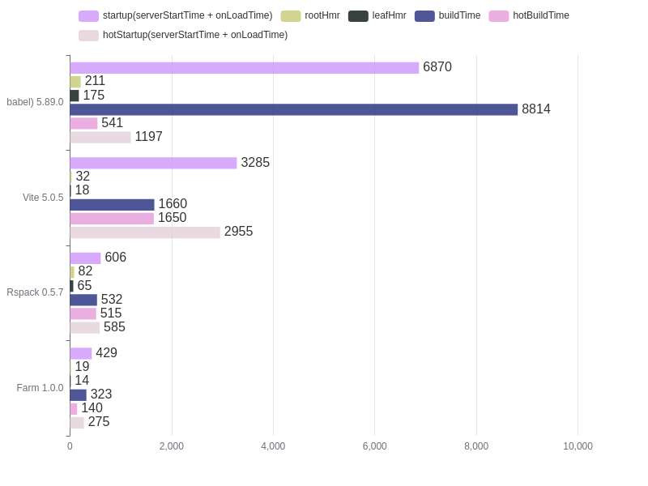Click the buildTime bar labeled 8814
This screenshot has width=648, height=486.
(293, 109)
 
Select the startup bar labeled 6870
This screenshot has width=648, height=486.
(244, 68)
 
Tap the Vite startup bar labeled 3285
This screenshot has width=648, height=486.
(153, 163)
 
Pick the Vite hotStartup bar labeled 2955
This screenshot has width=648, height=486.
(145, 232)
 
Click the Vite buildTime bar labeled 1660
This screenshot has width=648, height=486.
(112, 205)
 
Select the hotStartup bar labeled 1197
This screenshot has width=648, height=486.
(100, 138)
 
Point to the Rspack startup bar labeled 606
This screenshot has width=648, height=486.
(85, 258)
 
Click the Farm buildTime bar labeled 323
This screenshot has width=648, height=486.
(78, 395)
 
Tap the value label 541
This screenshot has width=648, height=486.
(112, 123)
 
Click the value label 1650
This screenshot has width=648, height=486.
(172, 218)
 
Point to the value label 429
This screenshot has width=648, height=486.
(106, 353)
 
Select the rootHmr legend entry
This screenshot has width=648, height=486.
(310, 15)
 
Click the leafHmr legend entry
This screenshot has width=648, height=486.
(377, 15)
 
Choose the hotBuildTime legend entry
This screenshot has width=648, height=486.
(529, 15)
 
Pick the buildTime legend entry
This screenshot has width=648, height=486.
(447, 15)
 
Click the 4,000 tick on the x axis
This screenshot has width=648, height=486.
(273, 446)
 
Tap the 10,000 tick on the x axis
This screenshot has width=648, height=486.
(578, 446)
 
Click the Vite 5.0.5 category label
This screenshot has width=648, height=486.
(43, 198)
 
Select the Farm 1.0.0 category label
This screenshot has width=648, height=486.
(40, 388)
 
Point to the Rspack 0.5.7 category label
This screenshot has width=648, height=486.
(35, 292)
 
